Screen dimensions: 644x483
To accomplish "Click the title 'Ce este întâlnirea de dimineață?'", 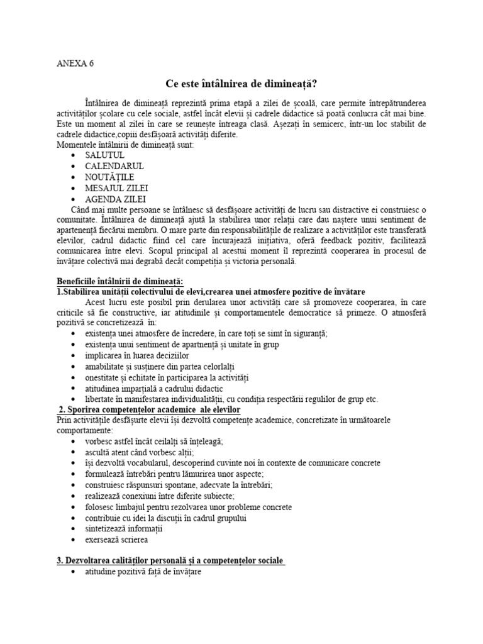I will tap(241, 83).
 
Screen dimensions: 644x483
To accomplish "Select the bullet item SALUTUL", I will tap(105, 155).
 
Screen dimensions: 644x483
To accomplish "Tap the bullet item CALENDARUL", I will tap(114, 166).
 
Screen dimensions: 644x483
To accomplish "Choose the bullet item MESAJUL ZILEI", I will tap(117, 188).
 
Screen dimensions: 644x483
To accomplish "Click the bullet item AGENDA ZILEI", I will tap(115, 199).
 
